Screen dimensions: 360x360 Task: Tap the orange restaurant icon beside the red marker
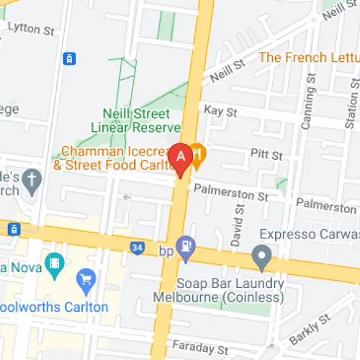[x=197, y=153]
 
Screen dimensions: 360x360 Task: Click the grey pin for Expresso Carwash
[x=261, y=255]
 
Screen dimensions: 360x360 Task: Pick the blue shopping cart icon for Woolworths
[x=87, y=279]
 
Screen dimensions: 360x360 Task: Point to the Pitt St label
[x=266, y=154]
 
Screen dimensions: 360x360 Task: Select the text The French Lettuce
[x=308, y=56]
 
